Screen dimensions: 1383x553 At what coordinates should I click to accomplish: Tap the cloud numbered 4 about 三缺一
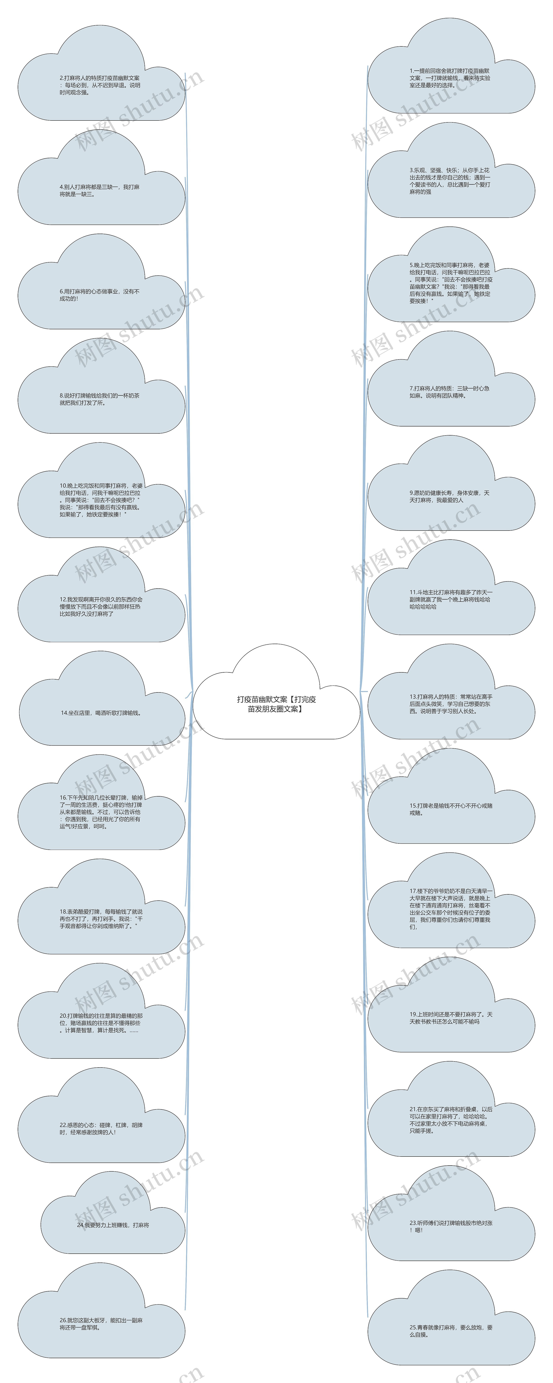click(101, 191)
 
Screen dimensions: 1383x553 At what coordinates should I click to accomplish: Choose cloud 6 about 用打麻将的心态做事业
click(101, 295)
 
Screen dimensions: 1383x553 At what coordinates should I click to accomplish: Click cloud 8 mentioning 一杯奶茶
click(101, 399)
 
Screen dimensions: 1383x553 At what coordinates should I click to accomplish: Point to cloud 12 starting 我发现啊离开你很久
click(101, 607)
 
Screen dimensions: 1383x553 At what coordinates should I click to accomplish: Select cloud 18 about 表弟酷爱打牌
click(101, 919)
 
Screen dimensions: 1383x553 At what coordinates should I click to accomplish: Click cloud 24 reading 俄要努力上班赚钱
click(113, 1225)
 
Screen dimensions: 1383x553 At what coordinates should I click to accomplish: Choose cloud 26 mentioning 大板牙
click(101, 1323)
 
